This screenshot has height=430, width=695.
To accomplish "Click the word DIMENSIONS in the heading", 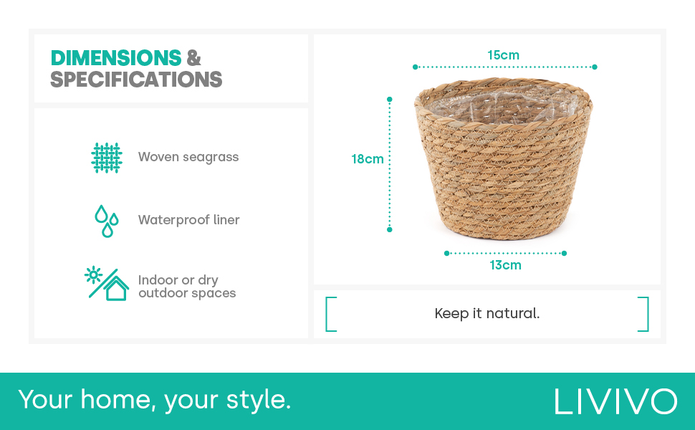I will click(x=115, y=57).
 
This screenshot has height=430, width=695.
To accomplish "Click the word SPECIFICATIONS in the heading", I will click(x=136, y=80).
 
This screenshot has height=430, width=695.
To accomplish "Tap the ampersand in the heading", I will click(x=193, y=57).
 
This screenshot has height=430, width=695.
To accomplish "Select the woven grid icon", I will click(x=107, y=157).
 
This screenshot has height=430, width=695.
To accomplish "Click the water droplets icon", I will click(x=107, y=220).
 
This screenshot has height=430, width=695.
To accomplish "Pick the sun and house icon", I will click(x=106, y=284).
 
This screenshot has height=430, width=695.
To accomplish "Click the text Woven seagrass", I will click(x=188, y=157).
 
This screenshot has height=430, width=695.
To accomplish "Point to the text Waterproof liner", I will click(x=188, y=220).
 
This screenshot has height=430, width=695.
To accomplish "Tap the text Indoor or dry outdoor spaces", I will click(x=186, y=287).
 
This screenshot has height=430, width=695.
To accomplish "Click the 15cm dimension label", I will click(x=503, y=55).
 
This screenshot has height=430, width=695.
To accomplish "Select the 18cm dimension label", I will click(x=368, y=159).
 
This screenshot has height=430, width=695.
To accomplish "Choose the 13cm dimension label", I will click(x=505, y=265).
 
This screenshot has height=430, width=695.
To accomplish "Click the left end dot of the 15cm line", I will click(x=415, y=67).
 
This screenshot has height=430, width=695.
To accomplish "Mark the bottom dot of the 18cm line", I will click(x=390, y=229).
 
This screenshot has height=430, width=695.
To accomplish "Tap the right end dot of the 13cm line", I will click(x=564, y=253).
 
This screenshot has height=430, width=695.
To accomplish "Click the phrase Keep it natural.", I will click(x=487, y=314).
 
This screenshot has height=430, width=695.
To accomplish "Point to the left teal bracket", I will click(x=330, y=314).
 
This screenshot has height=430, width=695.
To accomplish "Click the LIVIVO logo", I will click(x=615, y=401).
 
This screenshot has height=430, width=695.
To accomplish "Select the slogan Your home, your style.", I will click(x=155, y=399).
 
